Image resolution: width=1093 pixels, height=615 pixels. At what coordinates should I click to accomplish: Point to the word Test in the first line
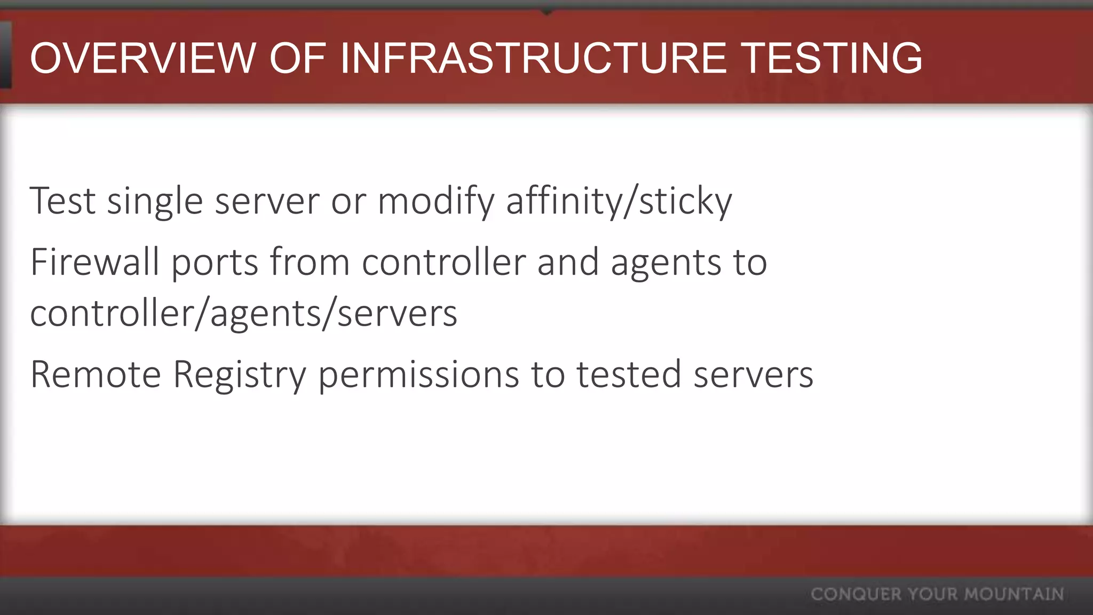tap(62, 201)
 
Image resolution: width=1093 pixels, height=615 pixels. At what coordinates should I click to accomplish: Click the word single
tap(155, 201)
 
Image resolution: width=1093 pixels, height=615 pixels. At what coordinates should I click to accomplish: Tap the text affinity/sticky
tap(619, 201)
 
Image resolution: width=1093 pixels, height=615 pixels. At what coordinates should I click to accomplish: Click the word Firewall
tap(95, 262)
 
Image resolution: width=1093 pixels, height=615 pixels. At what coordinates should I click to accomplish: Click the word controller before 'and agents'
tap(443, 262)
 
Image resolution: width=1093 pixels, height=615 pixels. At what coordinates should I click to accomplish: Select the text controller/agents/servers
tap(244, 313)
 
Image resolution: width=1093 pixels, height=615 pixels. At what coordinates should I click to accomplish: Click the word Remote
tap(96, 374)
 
